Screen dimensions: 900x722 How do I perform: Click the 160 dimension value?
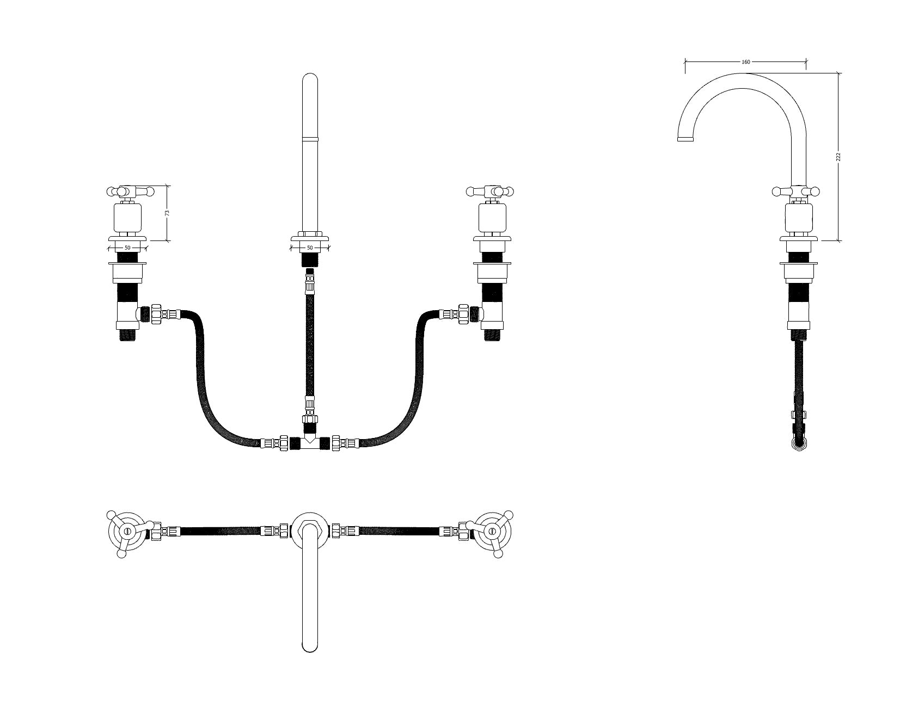point(745,62)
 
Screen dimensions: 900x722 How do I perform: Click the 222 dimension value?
point(838,157)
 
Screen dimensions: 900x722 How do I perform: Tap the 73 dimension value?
point(167,213)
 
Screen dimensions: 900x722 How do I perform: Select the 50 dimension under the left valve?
point(127,248)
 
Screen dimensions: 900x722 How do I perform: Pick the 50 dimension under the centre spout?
point(310,248)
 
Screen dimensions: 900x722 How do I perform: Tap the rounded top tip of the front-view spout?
point(310,75)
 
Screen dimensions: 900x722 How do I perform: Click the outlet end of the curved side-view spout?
point(685,139)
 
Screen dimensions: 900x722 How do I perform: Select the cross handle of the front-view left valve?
point(130,191)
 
